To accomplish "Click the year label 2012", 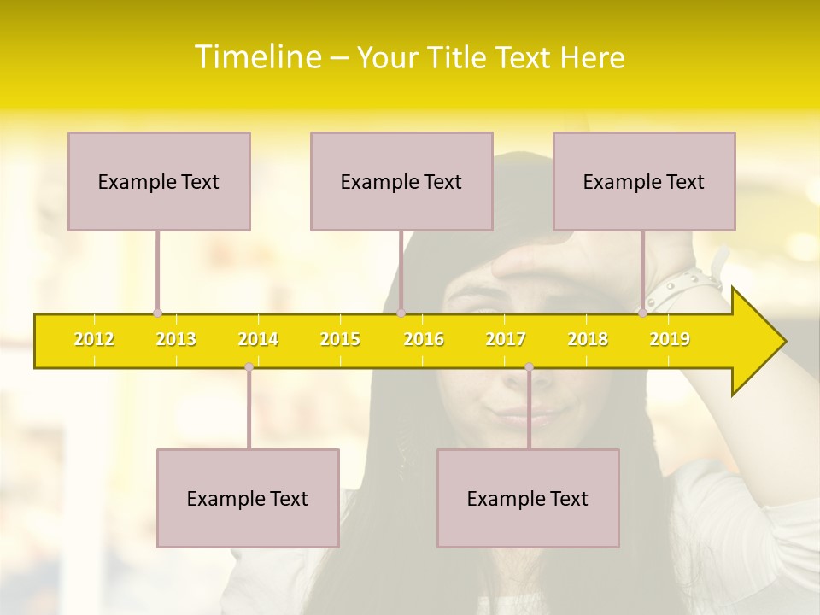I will click(94, 339).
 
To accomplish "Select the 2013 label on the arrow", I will click(176, 339).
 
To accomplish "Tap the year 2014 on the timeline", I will click(258, 339).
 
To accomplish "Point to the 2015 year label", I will click(340, 339).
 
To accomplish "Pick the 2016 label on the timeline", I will click(424, 339).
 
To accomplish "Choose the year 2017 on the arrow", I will click(506, 339).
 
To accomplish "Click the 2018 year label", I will click(588, 339).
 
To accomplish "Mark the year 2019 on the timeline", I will click(670, 339).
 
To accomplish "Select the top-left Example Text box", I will click(159, 181).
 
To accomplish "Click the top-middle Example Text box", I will click(401, 181).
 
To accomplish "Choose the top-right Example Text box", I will click(644, 181).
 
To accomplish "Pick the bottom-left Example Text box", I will click(248, 498).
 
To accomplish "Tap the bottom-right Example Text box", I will click(528, 498).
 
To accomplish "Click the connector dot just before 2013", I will click(157, 313).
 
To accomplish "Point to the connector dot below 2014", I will click(249, 366).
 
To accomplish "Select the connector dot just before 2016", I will click(401, 313).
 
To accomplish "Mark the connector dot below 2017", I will click(529, 366).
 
